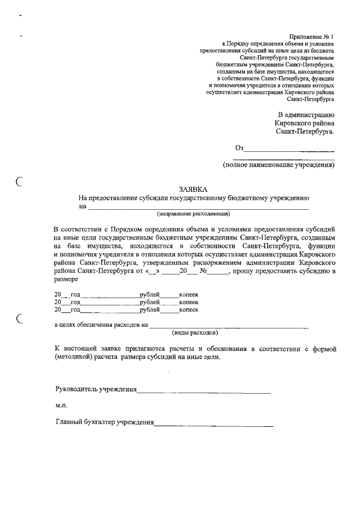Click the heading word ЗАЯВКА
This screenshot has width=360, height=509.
[x=192, y=190]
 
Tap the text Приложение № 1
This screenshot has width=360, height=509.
[x=312, y=35]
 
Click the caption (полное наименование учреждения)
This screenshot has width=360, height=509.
[x=278, y=165]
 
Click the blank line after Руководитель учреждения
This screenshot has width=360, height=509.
[x=204, y=390]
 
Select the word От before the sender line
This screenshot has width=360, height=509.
[x=240, y=148]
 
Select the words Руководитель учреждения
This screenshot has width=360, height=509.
[x=96, y=389]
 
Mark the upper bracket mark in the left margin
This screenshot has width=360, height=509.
[x=20, y=181]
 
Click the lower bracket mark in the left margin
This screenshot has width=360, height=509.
[x=20, y=319]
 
